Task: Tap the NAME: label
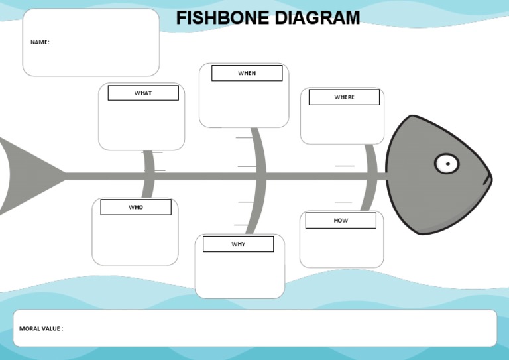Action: point(40,42)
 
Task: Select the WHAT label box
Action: point(143,93)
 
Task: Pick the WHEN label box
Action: point(247,73)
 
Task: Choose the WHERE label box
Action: point(344,97)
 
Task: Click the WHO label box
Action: point(136,207)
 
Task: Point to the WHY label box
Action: point(238,244)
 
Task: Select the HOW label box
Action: point(341,220)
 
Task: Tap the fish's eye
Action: point(447,163)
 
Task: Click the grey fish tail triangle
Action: point(27,176)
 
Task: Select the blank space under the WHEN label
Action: point(244,103)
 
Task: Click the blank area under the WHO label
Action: point(135,239)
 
